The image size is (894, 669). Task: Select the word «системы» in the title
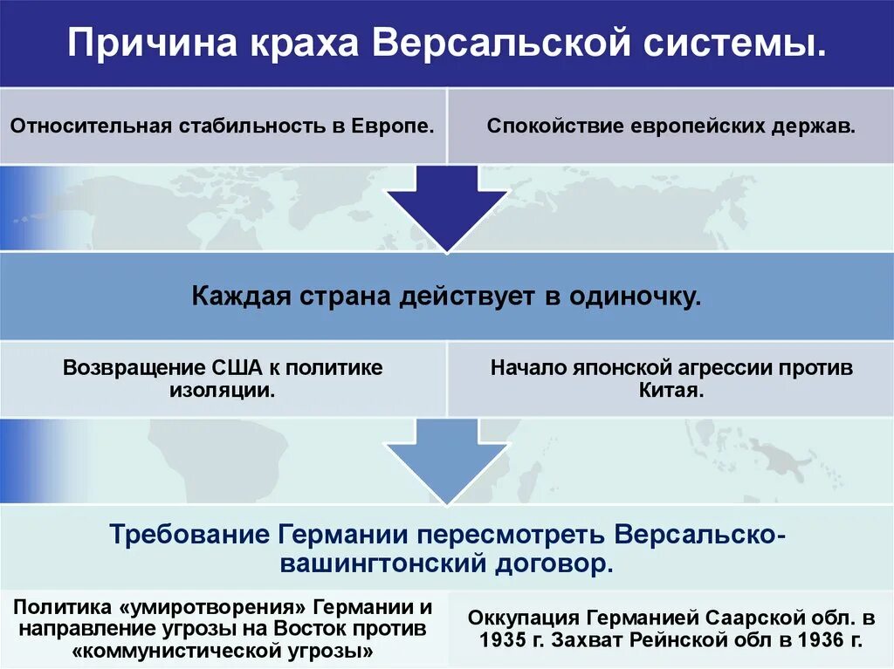pyautogui.click(x=734, y=43)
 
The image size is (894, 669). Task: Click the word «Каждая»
pyautogui.click(x=239, y=296)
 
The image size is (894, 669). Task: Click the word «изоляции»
pyautogui.click(x=222, y=390)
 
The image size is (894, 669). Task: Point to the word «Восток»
pyautogui.click(x=313, y=628)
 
